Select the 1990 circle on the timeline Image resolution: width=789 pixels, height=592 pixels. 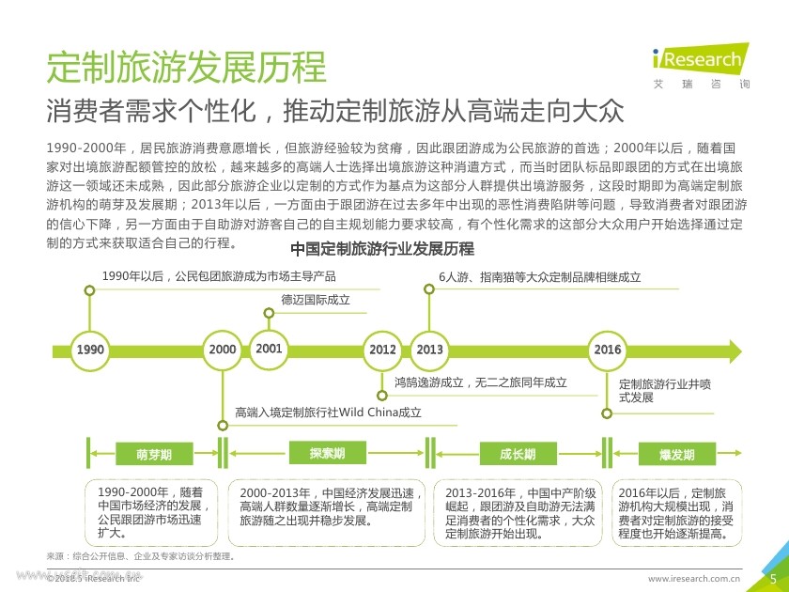(90, 350)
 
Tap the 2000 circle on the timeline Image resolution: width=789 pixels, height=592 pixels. (223, 350)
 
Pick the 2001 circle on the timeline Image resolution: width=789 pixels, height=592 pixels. (269, 349)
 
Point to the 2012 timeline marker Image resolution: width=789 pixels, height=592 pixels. (382, 350)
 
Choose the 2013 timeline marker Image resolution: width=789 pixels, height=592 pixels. (429, 350)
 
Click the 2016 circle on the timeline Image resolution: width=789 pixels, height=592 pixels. (607, 350)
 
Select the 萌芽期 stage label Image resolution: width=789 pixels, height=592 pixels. (154, 455)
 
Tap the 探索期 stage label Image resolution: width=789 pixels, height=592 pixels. (327, 454)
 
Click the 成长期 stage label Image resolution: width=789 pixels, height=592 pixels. (518, 455)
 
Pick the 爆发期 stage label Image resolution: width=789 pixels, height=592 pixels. (676, 455)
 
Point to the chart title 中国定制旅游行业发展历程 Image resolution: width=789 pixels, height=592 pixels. (382, 249)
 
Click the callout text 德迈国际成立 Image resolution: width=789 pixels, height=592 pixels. (316, 301)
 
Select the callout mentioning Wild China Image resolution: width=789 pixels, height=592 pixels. (328, 412)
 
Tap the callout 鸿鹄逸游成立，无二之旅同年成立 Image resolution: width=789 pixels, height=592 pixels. (480, 382)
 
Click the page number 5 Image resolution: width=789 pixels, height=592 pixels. (772, 578)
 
